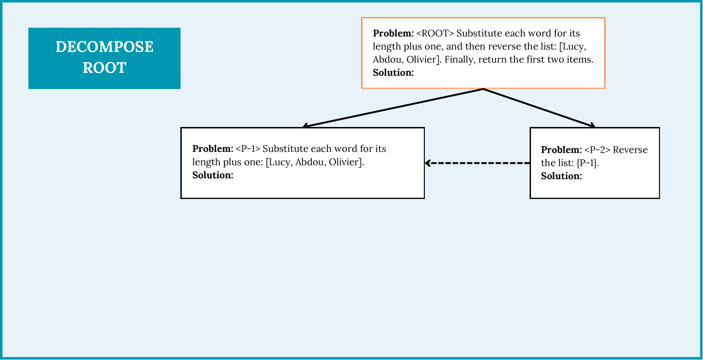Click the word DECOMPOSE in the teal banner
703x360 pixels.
coord(104,47)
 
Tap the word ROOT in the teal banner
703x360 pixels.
coord(104,68)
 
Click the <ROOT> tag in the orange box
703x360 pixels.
coord(435,34)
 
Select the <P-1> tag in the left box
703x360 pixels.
coord(248,149)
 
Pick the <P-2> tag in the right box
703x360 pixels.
coord(597,150)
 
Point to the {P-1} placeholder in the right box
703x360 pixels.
coord(587,163)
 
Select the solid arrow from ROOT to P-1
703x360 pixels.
coord(393,108)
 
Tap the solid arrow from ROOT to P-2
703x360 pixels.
coord(539,108)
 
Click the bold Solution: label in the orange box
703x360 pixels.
coord(393,73)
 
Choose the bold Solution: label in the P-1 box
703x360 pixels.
coord(213,175)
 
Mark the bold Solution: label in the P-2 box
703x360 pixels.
coord(561,176)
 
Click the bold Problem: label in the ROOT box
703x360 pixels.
coord(393,34)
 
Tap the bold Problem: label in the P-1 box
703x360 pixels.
coord(213,149)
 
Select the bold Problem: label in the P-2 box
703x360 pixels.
coord(561,150)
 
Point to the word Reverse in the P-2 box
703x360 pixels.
coord(630,150)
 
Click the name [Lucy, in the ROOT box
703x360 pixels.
coord(572,47)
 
